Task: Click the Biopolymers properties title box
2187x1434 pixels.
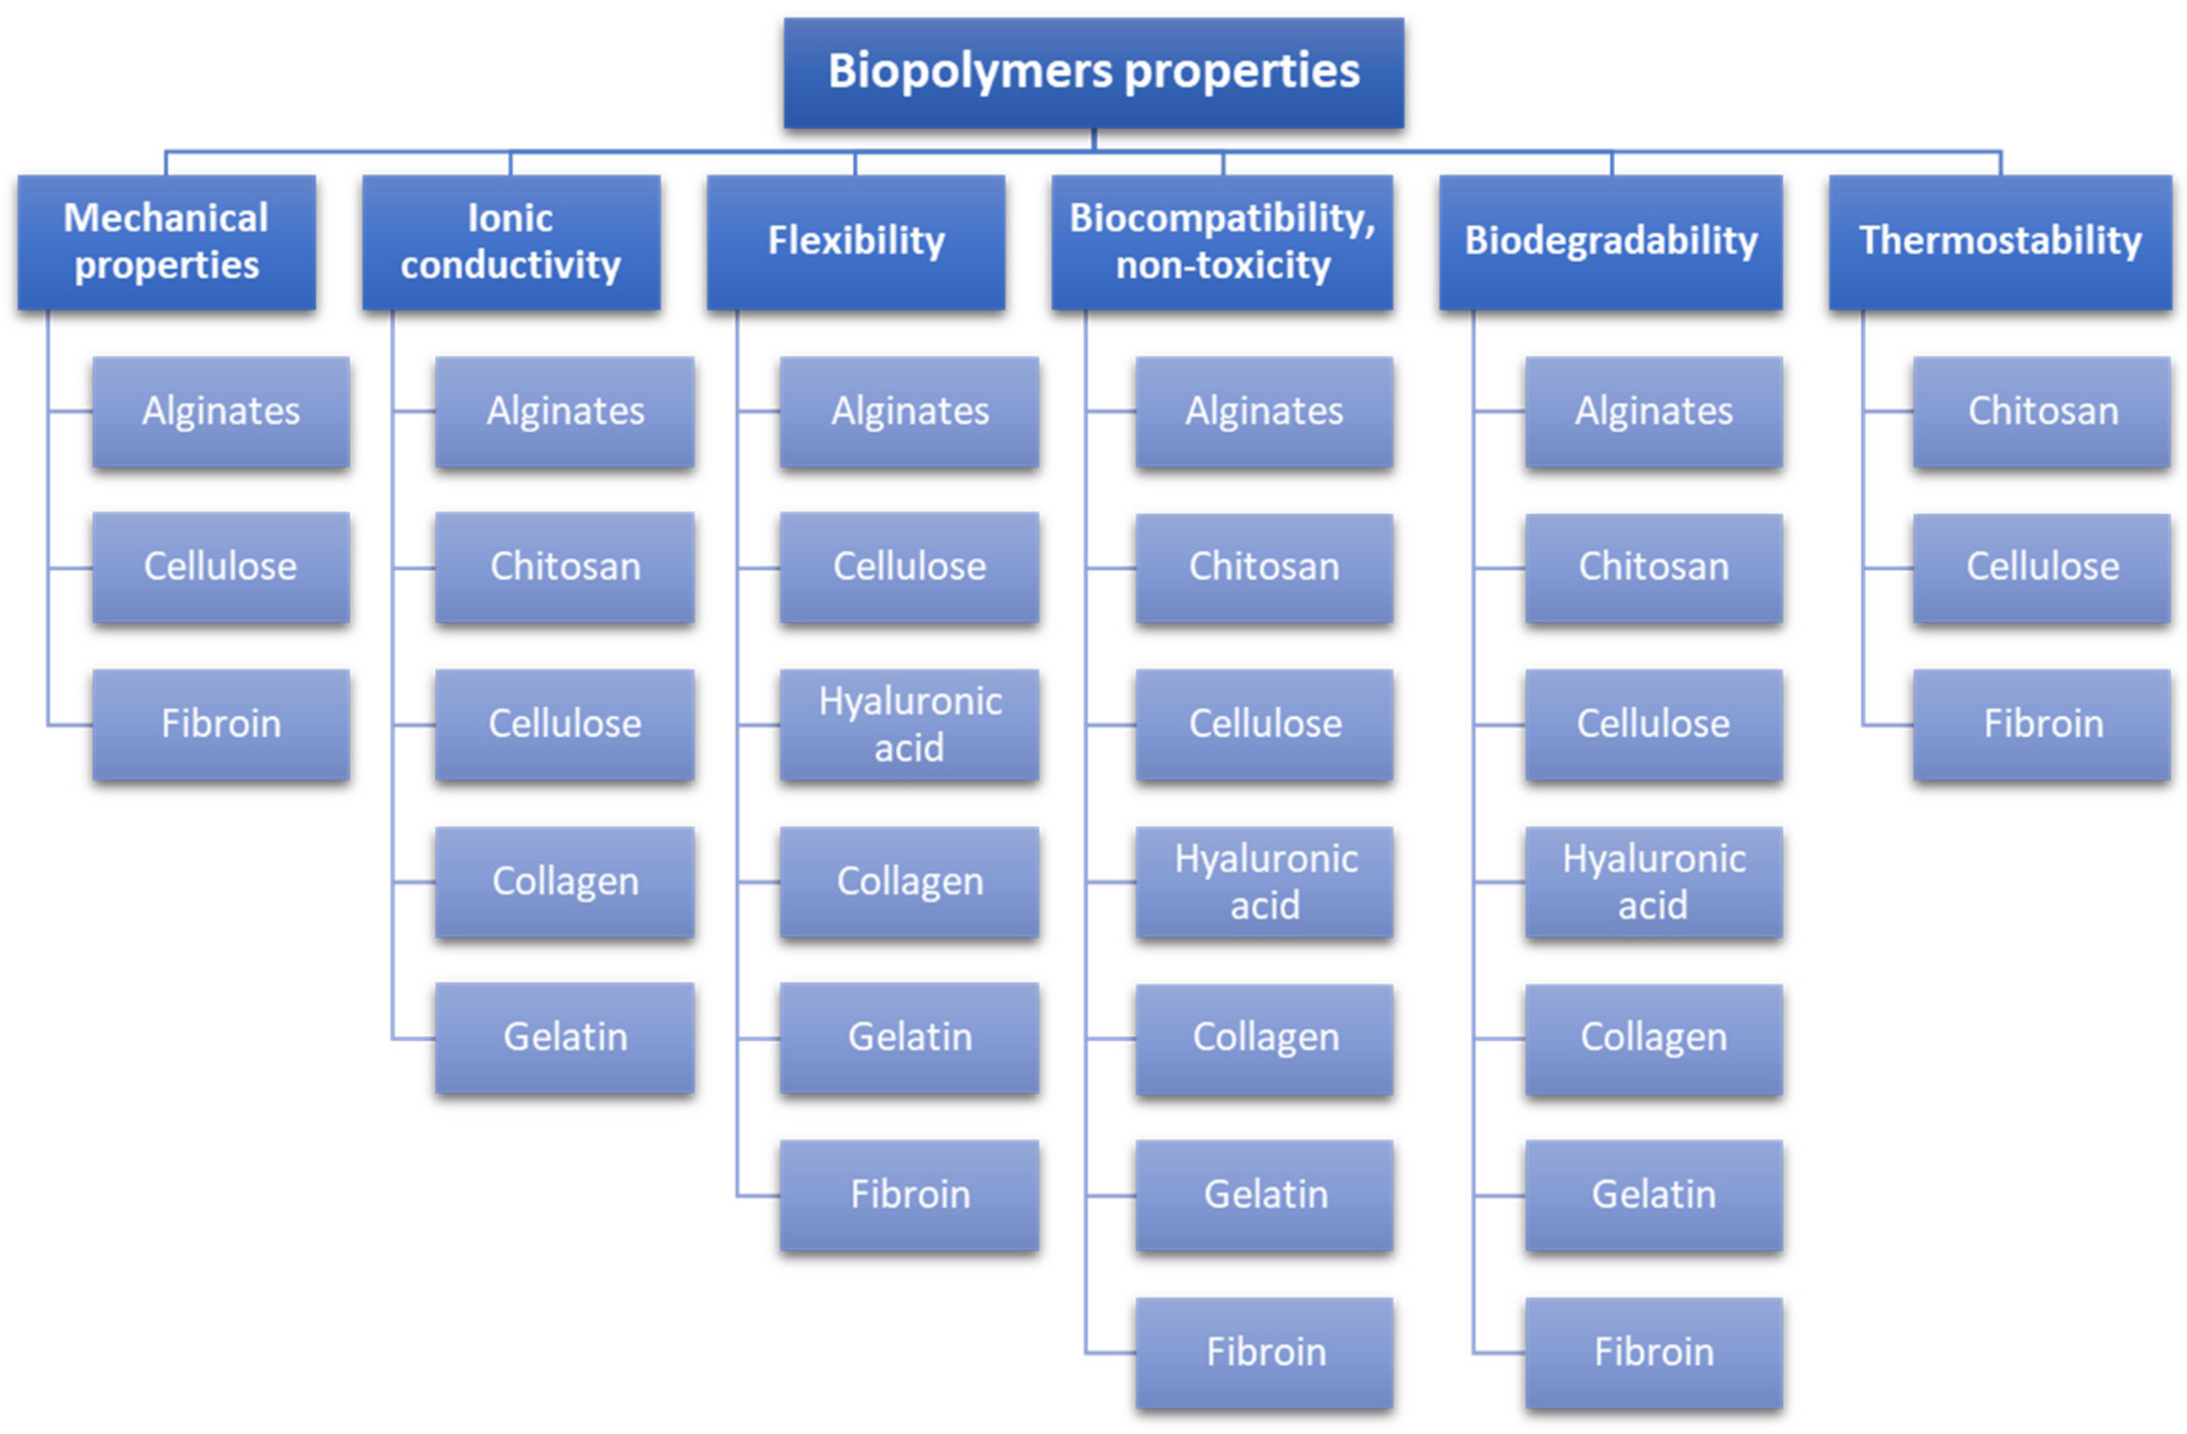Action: click(1093, 71)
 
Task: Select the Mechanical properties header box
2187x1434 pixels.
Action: click(166, 242)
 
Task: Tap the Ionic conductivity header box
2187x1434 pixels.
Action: click(511, 242)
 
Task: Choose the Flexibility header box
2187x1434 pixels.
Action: click(855, 242)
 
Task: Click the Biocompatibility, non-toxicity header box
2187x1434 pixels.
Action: click(1222, 242)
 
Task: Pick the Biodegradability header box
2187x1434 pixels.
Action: click(1610, 242)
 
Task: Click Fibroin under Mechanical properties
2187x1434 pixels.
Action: click(220, 724)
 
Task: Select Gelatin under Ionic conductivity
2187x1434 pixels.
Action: click(564, 1037)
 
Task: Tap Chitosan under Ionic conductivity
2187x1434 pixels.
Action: click(564, 567)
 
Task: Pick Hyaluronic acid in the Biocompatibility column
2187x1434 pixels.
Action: click(1264, 882)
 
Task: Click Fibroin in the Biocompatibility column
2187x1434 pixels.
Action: click(1264, 1353)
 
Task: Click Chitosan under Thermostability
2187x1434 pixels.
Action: click(2042, 411)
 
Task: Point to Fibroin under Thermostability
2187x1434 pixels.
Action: click(2042, 724)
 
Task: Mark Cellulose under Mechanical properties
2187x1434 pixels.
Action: click(220, 567)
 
